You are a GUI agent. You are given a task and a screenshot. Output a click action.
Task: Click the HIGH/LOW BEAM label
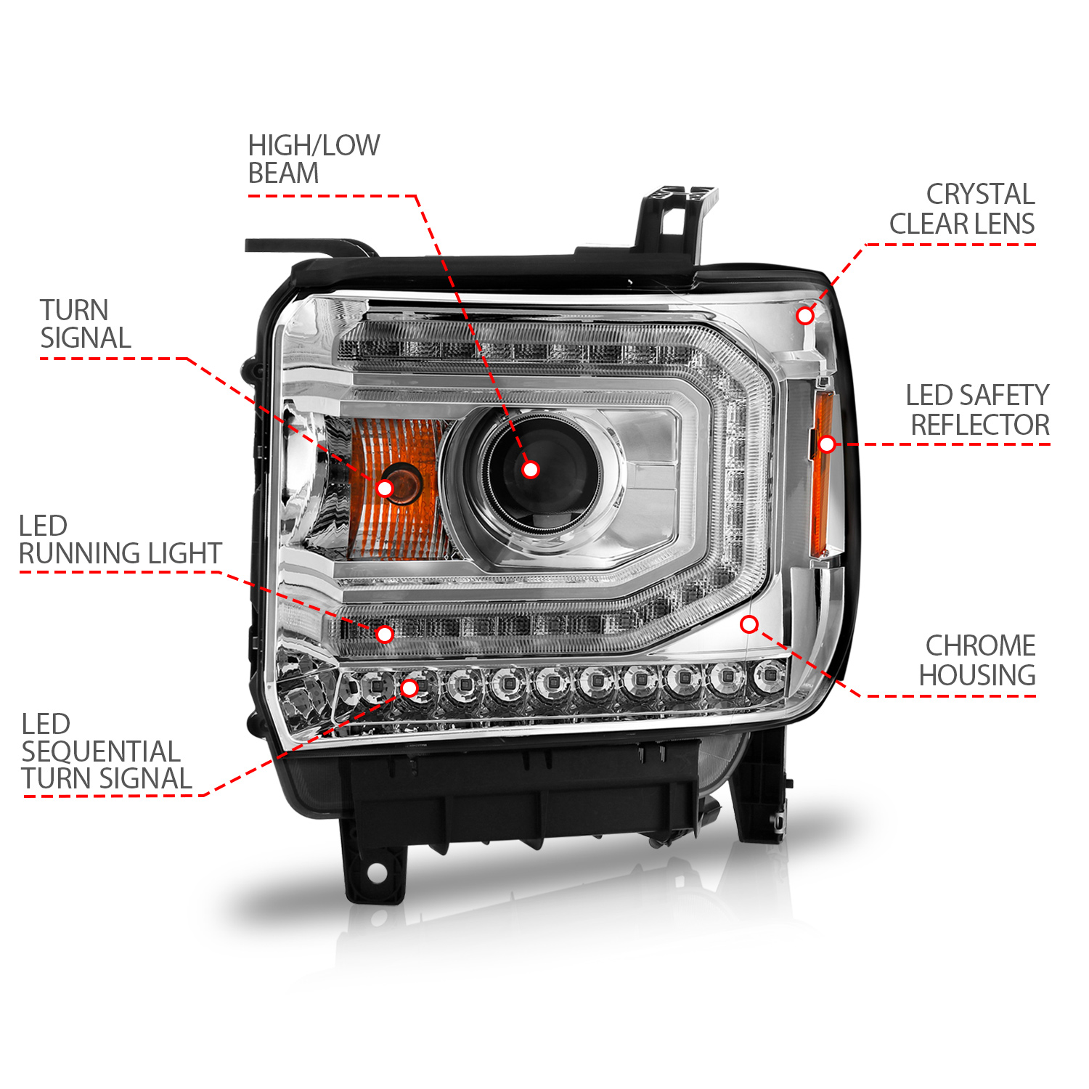point(314,160)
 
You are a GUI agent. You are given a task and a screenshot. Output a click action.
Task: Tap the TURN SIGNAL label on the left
point(85,325)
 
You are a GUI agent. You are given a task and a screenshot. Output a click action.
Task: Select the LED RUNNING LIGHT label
point(120,539)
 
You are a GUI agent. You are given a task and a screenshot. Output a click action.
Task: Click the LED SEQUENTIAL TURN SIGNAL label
point(106,751)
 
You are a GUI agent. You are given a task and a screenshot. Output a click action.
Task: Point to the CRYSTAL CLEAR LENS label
point(962,209)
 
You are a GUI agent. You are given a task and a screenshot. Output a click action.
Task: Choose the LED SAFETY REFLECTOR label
point(977,410)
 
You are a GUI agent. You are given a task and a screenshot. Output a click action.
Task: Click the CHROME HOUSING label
point(977,661)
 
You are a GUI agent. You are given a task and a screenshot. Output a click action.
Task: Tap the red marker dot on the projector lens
point(531,470)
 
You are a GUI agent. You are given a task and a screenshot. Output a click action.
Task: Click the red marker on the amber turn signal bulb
point(385,488)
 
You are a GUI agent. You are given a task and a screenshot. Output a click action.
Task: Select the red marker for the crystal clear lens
point(804,315)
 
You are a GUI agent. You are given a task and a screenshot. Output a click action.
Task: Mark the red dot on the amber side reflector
point(826,444)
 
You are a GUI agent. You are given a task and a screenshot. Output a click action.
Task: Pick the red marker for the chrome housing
point(749,624)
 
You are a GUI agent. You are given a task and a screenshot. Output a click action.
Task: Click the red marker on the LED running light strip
point(385,634)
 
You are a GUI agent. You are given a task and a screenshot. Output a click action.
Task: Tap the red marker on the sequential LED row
point(409,688)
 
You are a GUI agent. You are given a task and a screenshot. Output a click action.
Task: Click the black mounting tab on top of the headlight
point(675,218)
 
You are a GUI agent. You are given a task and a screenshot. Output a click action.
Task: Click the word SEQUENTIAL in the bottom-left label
point(100,751)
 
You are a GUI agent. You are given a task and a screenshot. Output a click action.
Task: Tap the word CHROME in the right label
point(980,645)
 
